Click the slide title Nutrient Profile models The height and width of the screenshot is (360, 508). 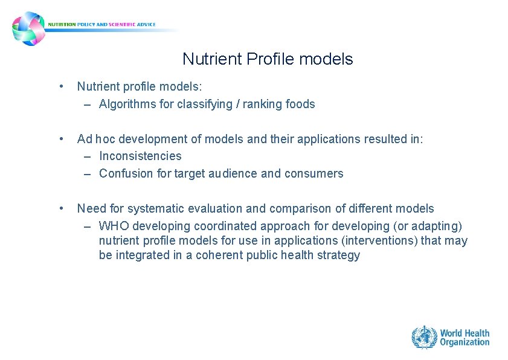coord(268,59)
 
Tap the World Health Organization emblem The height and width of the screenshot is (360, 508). coord(424,337)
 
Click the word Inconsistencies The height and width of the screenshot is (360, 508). coord(140,156)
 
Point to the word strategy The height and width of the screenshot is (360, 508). coord(340,256)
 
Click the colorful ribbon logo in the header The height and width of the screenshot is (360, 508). coord(28,28)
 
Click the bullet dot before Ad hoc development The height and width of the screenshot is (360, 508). coord(62,139)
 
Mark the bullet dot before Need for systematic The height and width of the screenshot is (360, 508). coord(62,208)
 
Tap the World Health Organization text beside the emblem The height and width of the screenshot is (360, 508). coord(464,338)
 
